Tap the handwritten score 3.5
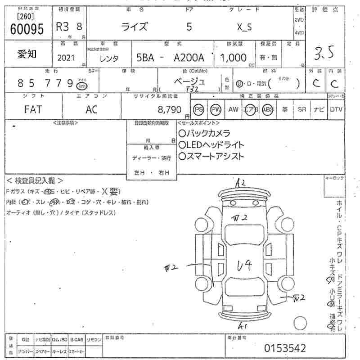(x=324, y=54)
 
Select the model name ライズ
(x=135, y=27)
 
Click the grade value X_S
(x=244, y=27)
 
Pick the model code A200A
(x=189, y=58)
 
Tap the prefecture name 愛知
(x=27, y=54)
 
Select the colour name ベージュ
(x=189, y=81)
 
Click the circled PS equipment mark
(x=198, y=109)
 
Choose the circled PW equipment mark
(x=216, y=109)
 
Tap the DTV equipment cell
(x=336, y=109)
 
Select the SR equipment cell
(x=301, y=109)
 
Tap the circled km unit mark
(x=81, y=85)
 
